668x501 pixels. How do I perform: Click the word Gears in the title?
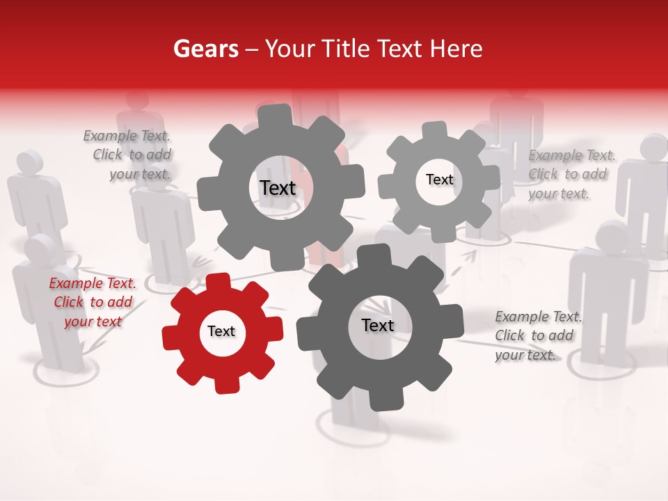205,49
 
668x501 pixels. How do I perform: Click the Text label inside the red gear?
221,332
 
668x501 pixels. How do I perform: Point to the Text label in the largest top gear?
278,188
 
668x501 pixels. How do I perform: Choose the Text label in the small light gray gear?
439,180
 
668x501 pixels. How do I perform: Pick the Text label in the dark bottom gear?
377,326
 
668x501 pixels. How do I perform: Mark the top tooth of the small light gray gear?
434,130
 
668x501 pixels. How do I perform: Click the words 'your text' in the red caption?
93,321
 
